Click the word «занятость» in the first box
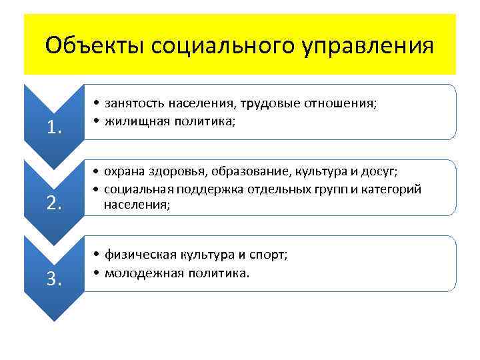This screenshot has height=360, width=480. click(x=134, y=103)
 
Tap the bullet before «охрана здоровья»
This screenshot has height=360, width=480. click(x=97, y=172)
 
